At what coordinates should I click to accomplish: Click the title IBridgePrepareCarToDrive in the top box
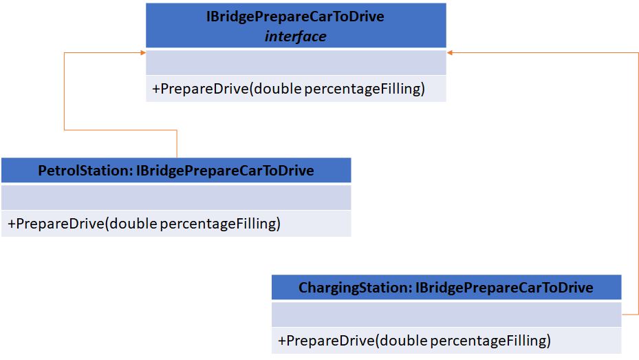pos(295,17)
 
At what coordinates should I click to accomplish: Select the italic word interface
pos(295,36)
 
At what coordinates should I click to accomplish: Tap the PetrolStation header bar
pos(175,170)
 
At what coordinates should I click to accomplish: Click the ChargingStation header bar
pos(446,287)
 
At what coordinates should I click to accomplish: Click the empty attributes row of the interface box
pos(295,63)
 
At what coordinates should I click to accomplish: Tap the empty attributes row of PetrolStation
pos(175,198)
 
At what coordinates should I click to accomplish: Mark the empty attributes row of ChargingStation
pos(446,315)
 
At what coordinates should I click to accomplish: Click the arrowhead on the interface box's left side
pos(142,52)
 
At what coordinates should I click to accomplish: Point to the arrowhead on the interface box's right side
pos(450,52)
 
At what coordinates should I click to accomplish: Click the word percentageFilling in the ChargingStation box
pos(490,341)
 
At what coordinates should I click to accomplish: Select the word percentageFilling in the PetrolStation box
pos(219,224)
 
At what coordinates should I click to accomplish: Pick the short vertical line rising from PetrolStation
pos(177,144)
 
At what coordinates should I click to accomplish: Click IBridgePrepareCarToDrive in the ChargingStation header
pos(504,287)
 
